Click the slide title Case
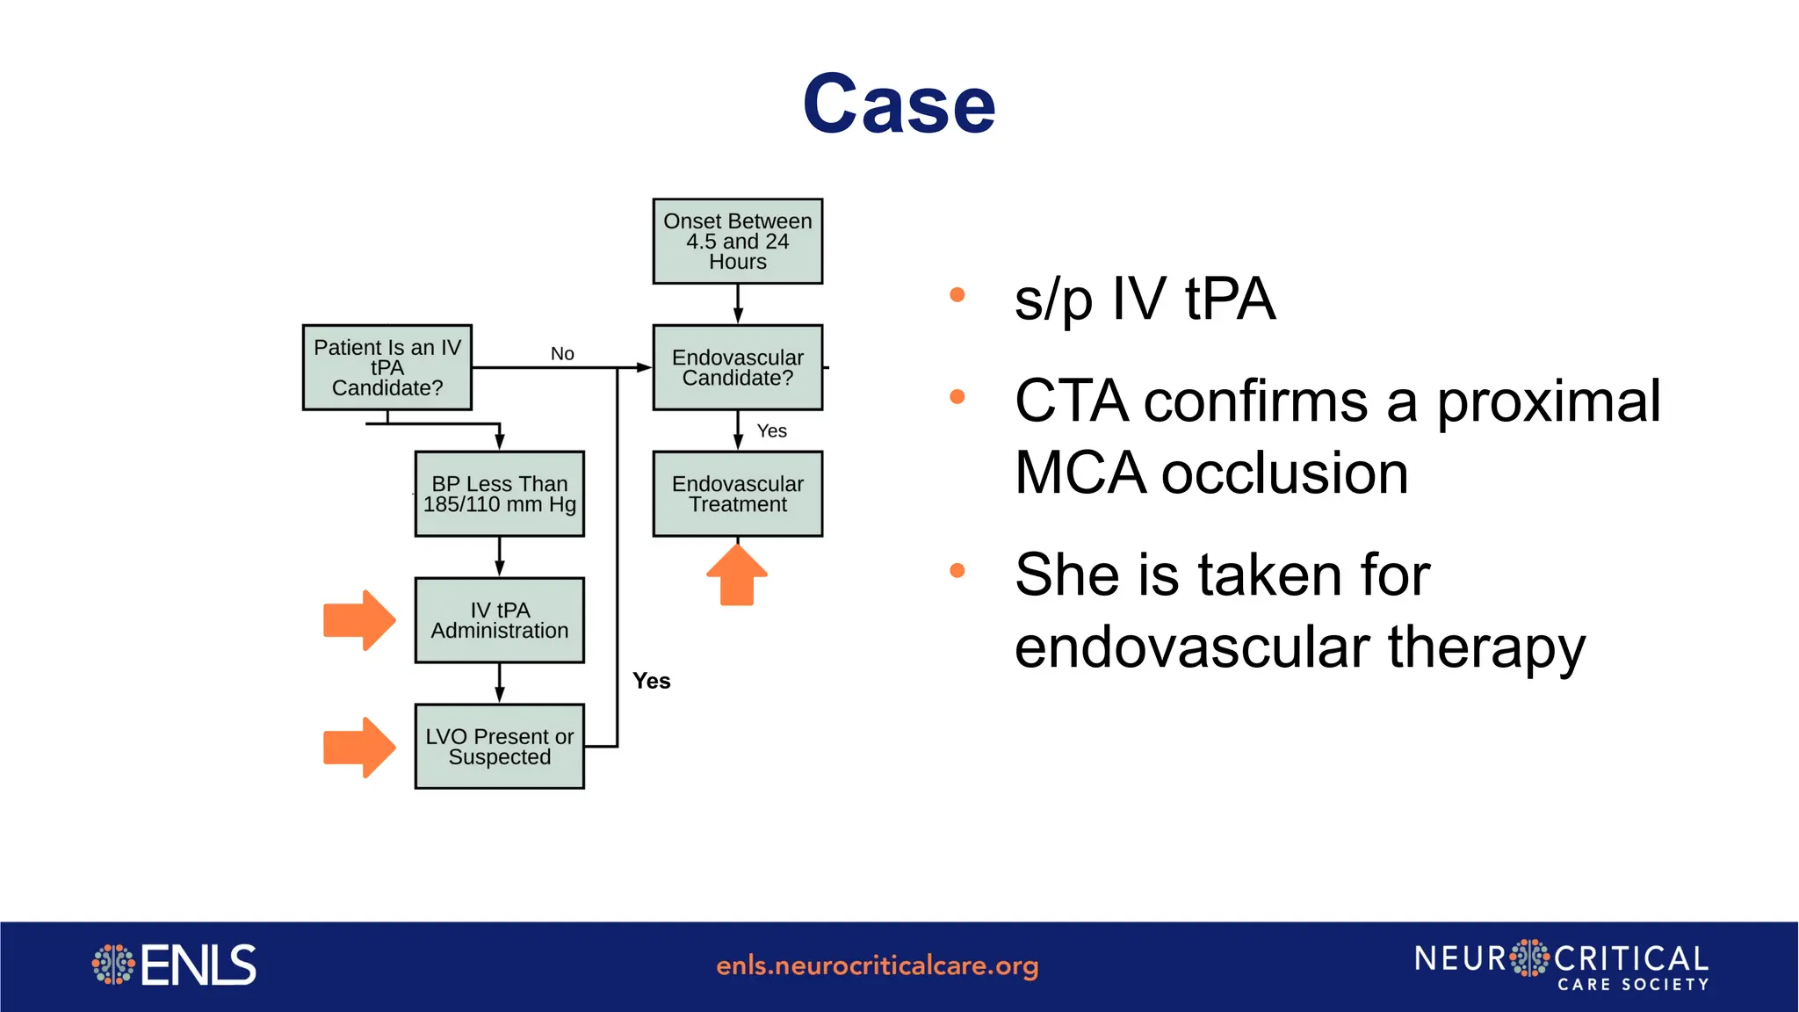[899, 105]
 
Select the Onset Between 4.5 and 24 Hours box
[737, 242]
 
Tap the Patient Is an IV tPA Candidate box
[387, 367]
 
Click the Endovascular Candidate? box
[737, 367]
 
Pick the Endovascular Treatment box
[737, 494]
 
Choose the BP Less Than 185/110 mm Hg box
[499, 494]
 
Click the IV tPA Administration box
[499, 620]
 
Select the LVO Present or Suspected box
[499, 747]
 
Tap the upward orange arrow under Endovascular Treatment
[737, 575]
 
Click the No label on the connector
[562, 353]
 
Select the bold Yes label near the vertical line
[651, 681]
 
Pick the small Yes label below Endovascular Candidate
[771, 430]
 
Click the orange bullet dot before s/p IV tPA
[957, 295]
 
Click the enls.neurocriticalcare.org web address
[877, 965]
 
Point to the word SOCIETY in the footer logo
[1665, 985]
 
